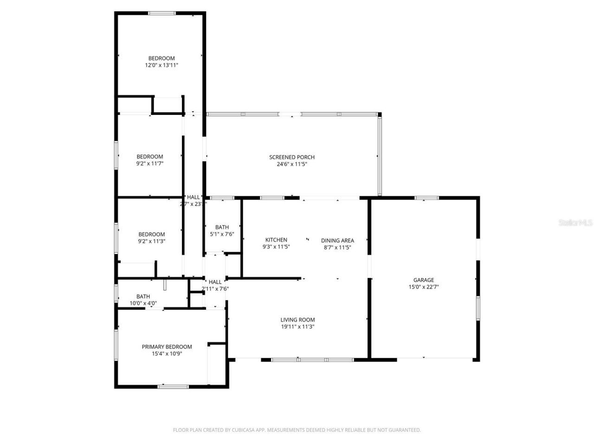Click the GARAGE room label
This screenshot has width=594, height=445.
pyautogui.click(x=424, y=280)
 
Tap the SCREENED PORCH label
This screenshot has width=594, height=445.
pyautogui.click(x=292, y=157)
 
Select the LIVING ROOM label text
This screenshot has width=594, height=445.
pyautogui.click(x=297, y=319)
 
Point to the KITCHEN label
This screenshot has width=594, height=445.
pyautogui.click(x=276, y=240)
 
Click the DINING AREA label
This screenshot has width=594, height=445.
pyautogui.click(x=337, y=240)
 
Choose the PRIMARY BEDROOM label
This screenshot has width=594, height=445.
pyautogui.click(x=167, y=347)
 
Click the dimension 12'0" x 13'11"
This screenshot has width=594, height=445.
pyautogui.click(x=161, y=65)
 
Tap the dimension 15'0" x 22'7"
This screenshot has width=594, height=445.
pyautogui.click(x=424, y=287)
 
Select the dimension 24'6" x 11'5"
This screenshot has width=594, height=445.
pyautogui.click(x=292, y=164)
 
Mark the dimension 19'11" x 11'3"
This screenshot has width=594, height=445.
pyautogui.click(x=297, y=326)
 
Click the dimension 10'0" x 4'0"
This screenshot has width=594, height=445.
pyautogui.click(x=143, y=304)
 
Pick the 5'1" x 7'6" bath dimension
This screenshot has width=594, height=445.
pyautogui.click(x=222, y=234)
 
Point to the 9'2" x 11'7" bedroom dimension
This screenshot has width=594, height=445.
pyautogui.click(x=149, y=163)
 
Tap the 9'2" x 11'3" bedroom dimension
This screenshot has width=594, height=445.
pyautogui.click(x=151, y=241)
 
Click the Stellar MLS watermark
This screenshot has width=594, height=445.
pyautogui.click(x=575, y=223)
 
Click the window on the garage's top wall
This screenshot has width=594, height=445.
pyautogui.click(x=426, y=198)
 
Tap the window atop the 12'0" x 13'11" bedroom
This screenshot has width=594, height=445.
pyautogui.click(x=162, y=13)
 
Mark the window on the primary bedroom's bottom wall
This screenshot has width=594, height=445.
pyautogui.click(x=173, y=386)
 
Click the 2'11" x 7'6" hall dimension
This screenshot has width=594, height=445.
pyautogui.click(x=215, y=289)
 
